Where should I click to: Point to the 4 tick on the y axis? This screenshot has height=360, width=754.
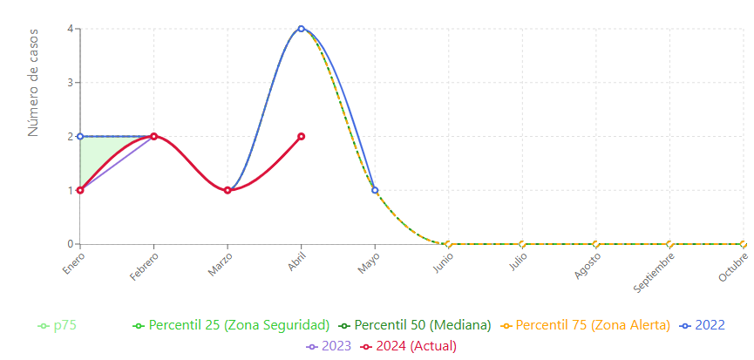[70, 29]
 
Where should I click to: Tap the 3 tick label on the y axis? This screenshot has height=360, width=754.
[70, 83]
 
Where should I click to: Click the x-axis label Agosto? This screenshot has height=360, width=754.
[588, 265]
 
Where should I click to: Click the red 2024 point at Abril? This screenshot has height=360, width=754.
[302, 136]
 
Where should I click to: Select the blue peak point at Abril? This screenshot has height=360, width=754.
[302, 29]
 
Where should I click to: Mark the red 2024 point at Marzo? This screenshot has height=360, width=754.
[228, 190]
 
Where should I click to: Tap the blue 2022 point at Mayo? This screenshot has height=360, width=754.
[375, 190]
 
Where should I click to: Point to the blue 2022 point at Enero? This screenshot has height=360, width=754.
[80, 136]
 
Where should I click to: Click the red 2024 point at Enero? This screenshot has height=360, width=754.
[80, 190]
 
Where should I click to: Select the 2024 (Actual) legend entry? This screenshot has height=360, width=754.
[406, 346]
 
